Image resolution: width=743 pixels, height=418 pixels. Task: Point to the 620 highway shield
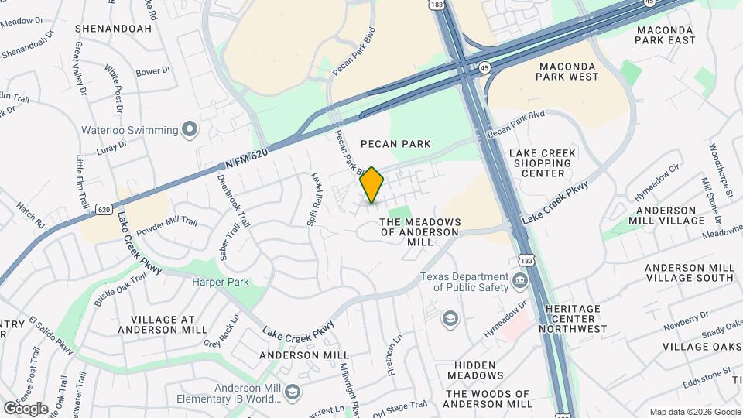point(104,210)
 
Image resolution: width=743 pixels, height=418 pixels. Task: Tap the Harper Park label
point(221,282)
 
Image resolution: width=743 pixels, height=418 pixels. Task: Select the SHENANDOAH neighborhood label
point(112,29)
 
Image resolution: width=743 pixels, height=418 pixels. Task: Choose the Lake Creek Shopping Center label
point(543,163)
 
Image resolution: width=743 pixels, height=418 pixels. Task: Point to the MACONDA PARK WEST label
point(567,70)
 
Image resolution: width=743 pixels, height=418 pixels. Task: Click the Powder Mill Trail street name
point(167,227)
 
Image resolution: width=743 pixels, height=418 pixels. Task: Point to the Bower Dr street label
point(152,71)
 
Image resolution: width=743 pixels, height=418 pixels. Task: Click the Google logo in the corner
point(26,408)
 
